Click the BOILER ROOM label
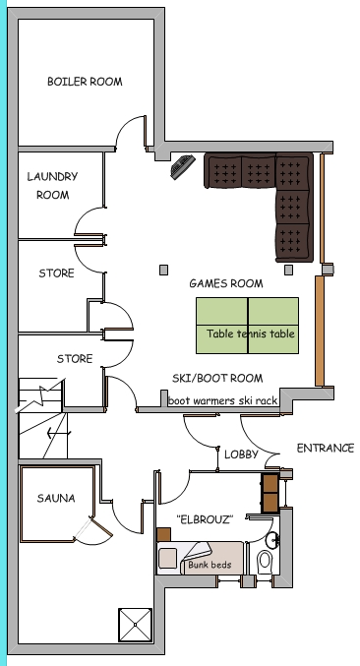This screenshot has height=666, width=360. pyautogui.click(x=85, y=82)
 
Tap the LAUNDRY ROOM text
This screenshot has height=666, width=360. pyautogui.click(x=52, y=185)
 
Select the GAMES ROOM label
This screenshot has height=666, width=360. pyautogui.click(x=226, y=283)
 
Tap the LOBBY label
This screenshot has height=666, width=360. pyautogui.click(x=241, y=454)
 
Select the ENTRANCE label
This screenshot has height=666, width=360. pyautogui.click(x=326, y=449)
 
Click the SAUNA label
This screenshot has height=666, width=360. pyautogui.click(x=56, y=499)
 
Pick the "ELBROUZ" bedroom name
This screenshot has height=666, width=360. pyautogui.click(x=204, y=518)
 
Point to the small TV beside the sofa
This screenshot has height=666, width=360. pyautogui.click(x=180, y=168)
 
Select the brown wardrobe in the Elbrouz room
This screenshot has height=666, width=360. pyautogui.click(x=270, y=492)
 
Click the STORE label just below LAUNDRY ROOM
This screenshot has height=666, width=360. pyautogui.click(x=56, y=272)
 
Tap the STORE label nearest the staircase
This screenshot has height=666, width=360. pyautogui.click(x=74, y=359)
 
